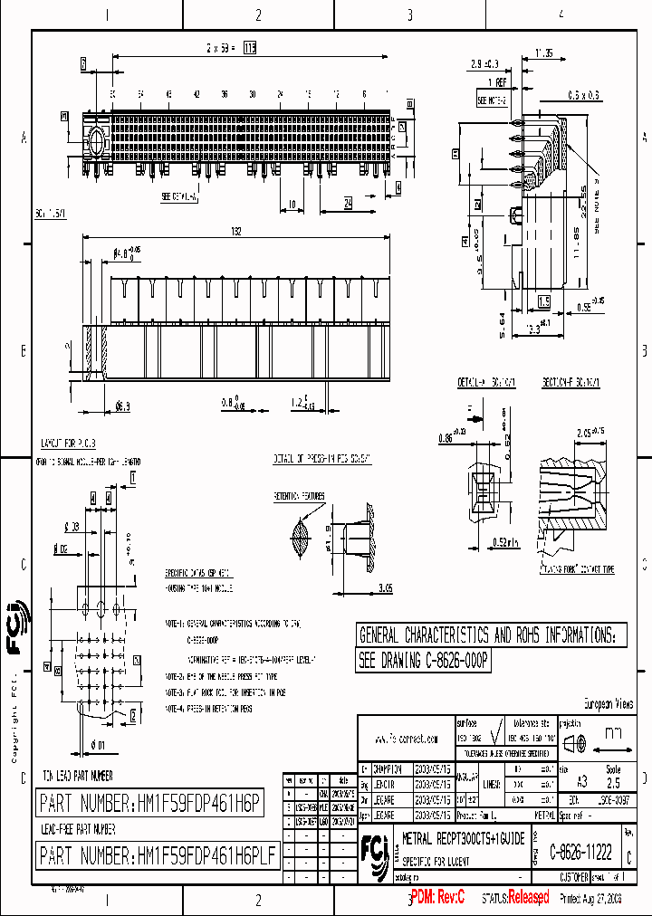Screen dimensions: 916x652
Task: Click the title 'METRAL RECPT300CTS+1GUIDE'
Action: (x=463, y=840)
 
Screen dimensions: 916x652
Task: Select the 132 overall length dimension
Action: (x=237, y=232)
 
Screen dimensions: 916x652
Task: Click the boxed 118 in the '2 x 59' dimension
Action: (x=249, y=49)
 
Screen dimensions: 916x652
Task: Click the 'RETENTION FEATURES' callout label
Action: (x=299, y=497)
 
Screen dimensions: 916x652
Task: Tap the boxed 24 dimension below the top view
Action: (x=348, y=205)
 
